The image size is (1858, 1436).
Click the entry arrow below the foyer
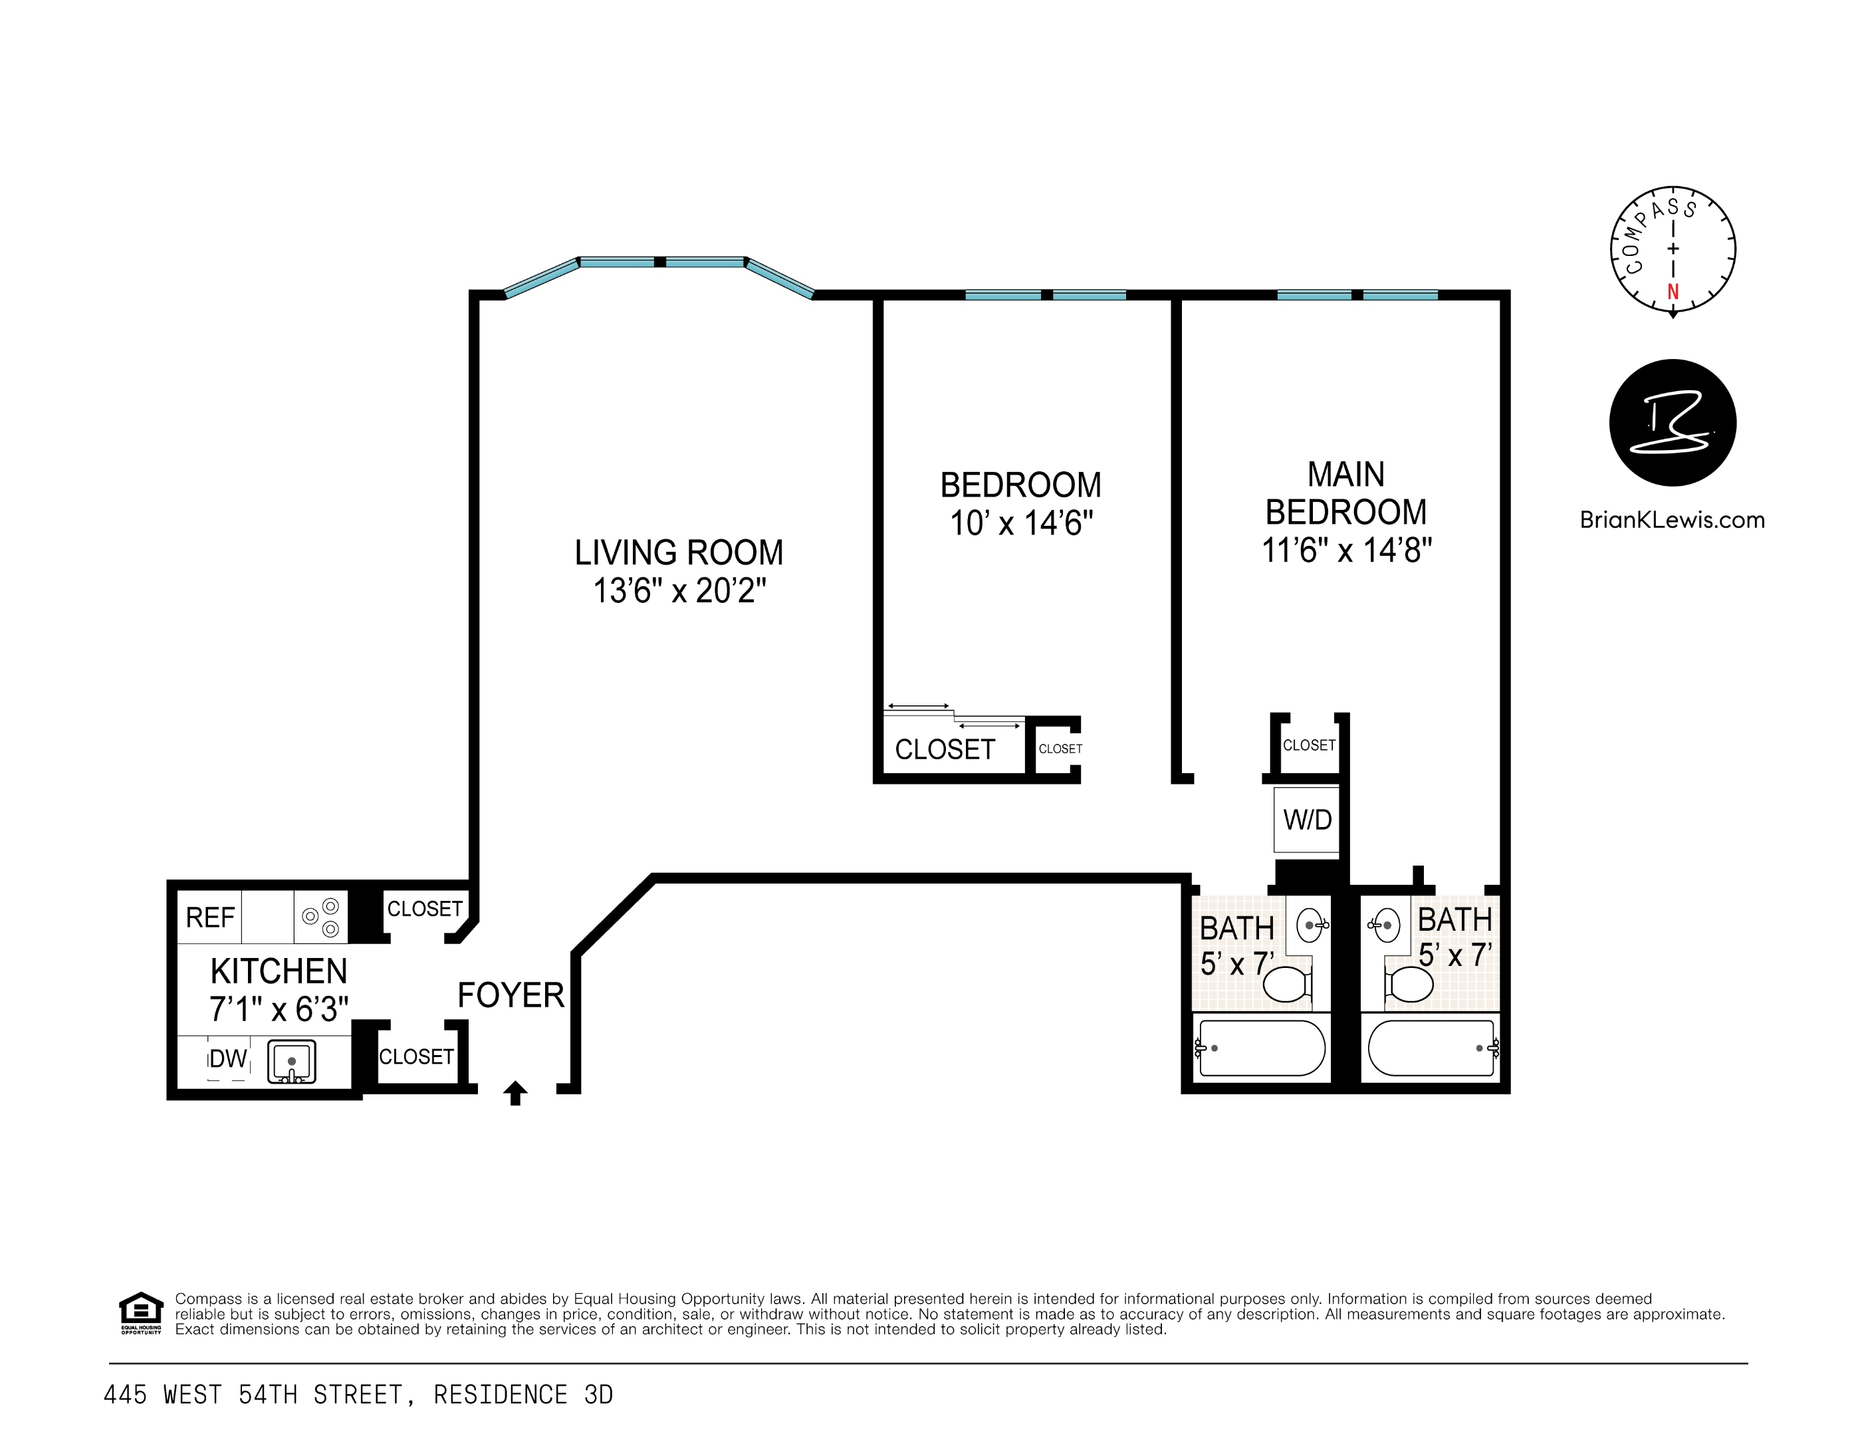515,1092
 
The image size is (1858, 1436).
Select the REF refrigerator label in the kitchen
210,918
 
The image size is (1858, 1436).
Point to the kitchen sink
292,1062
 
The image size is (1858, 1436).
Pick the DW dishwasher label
228,1059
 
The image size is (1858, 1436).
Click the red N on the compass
1673,292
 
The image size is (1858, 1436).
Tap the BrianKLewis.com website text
1672,520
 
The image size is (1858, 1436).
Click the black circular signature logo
1673,423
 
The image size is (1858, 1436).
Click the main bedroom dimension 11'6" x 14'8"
1347,550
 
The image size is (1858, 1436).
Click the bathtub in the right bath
1433,1048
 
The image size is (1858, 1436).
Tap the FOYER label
511,995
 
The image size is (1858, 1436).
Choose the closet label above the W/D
1308,745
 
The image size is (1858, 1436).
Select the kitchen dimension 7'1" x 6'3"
279,1010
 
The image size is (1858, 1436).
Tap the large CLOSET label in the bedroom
945,749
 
